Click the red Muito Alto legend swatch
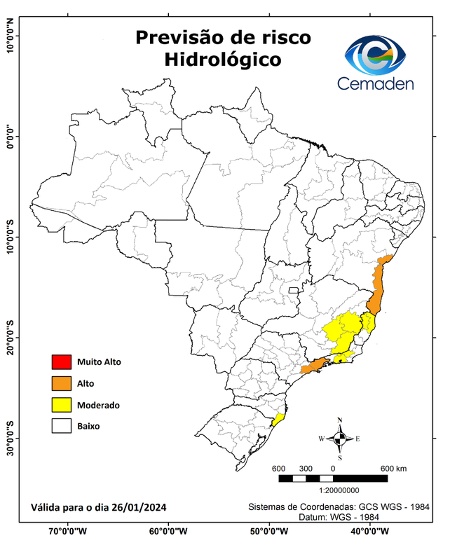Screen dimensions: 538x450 pos(61,362)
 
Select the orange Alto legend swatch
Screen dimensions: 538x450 pos(61,383)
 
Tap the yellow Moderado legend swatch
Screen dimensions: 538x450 pos(61,404)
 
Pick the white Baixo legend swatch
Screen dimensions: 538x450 pos(61,425)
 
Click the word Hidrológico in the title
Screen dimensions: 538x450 pos(223,60)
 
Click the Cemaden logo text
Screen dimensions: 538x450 pos(376,83)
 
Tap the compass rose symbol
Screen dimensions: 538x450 pos(340,439)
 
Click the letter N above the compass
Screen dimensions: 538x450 pos(340,420)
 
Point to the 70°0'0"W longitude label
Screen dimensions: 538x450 pos(68,530)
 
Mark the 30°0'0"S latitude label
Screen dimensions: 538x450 pos(10,438)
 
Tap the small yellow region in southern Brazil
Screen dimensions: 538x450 pos(278,420)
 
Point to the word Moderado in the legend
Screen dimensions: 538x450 pos(98,405)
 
